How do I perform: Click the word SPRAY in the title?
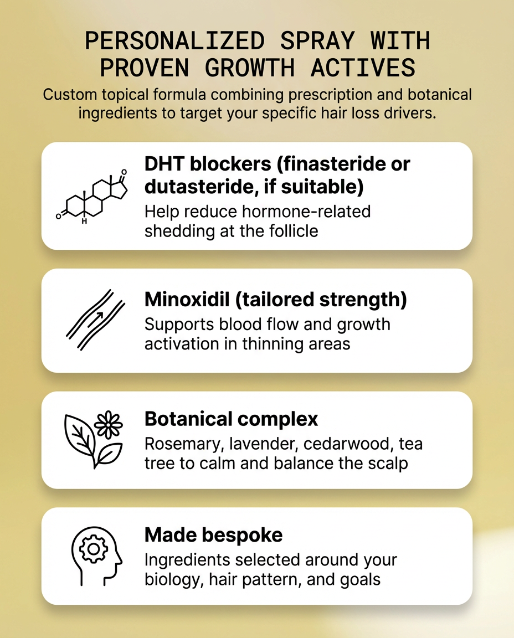317,40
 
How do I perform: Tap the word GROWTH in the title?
249,68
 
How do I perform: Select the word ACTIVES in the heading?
363,68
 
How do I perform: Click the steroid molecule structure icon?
92,195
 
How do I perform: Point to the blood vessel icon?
96,320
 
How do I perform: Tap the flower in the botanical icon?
108,424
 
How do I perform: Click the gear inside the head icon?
94,549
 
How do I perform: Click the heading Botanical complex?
231,419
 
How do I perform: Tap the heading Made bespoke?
214,534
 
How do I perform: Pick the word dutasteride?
202,187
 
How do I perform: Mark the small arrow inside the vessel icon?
96,318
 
